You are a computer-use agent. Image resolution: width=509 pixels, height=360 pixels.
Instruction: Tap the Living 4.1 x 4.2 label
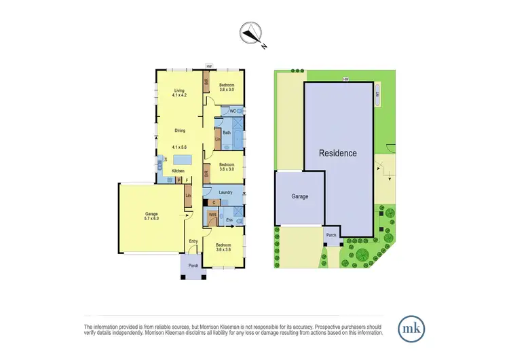(179, 94)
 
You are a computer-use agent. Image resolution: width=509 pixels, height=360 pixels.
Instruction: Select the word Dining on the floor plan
(179, 130)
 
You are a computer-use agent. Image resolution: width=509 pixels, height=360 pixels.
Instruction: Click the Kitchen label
(178, 170)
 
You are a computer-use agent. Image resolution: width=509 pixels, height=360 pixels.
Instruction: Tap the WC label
(232, 111)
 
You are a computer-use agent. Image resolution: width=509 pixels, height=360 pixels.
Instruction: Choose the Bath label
(227, 132)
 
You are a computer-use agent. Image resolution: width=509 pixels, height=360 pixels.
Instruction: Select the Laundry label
(225, 192)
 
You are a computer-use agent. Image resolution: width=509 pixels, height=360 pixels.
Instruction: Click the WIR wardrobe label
(212, 215)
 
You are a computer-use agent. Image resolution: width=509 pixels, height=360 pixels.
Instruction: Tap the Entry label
(193, 241)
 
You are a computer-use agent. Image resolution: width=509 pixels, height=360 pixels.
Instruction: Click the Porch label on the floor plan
(193, 266)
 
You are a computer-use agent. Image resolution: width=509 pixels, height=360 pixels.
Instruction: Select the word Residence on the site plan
(338, 153)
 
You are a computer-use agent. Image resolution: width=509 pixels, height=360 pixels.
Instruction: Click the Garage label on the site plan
(299, 196)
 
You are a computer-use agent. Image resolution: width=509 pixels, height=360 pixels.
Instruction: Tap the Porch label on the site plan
(331, 236)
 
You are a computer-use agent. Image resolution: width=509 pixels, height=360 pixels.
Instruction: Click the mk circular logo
(411, 328)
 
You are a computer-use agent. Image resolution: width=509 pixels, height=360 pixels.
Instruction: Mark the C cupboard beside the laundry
(214, 202)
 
